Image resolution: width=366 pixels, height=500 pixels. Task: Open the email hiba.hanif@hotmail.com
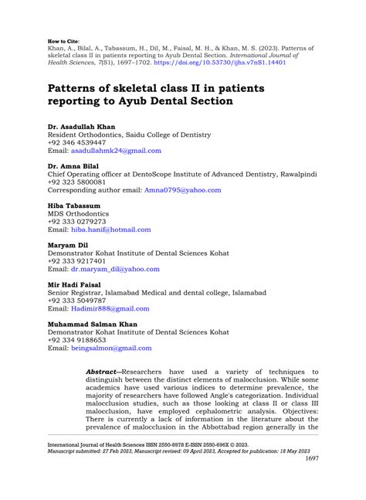[110, 230]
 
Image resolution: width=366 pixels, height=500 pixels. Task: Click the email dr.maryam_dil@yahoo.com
[115, 269]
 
